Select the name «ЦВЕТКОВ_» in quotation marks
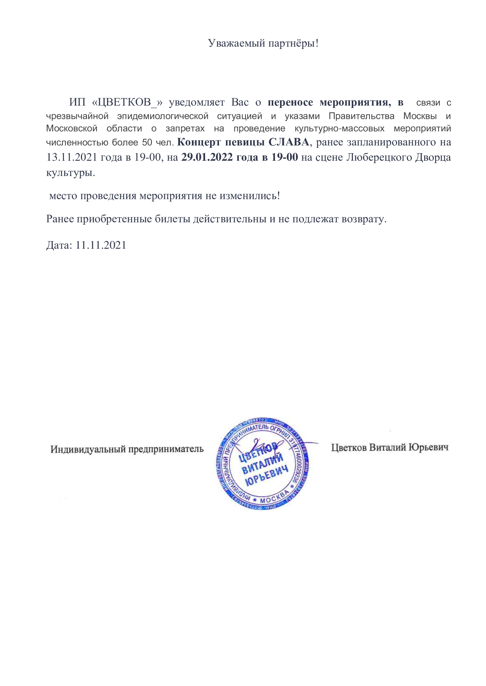point(128,102)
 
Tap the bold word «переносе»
point(290,102)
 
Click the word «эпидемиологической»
point(162,116)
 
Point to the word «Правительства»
point(361,116)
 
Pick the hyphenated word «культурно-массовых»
point(340,129)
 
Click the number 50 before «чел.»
point(147,142)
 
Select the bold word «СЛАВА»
point(289,142)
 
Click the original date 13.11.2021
point(72,157)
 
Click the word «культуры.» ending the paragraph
point(71,173)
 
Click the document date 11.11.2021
point(101,245)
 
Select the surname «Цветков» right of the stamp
point(349,448)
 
